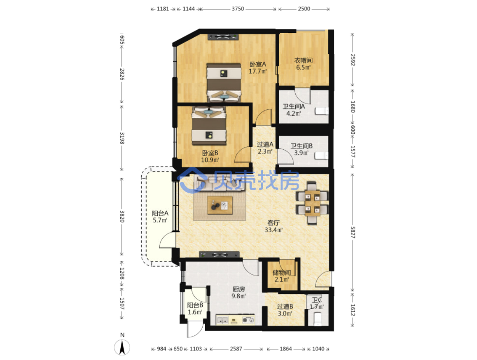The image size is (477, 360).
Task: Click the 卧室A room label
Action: coord(258,65)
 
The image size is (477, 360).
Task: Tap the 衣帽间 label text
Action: coord(304,60)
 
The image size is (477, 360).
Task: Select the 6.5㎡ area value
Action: coord(304,67)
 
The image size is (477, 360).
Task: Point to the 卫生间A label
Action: coord(293,106)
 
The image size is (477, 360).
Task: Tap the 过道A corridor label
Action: coord(265,144)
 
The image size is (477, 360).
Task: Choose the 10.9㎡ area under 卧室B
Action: coord(210,160)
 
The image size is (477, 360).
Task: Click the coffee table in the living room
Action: coord(220,205)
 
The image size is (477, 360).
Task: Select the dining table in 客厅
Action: coord(312,203)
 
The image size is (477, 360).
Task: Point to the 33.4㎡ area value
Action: coord(273,230)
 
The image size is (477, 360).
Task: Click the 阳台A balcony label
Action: coord(160,213)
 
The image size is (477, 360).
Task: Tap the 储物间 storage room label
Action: coord(281,272)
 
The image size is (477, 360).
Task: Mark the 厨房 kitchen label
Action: coord(238,289)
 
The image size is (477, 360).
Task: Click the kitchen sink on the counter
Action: coord(222,320)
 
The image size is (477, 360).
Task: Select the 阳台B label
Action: coord(195,305)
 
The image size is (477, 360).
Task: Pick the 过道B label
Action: coord(285,306)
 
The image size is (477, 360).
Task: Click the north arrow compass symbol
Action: coord(122,347)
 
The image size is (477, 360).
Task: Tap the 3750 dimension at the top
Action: coord(238,9)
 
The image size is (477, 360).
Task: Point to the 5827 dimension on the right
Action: coord(353,232)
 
